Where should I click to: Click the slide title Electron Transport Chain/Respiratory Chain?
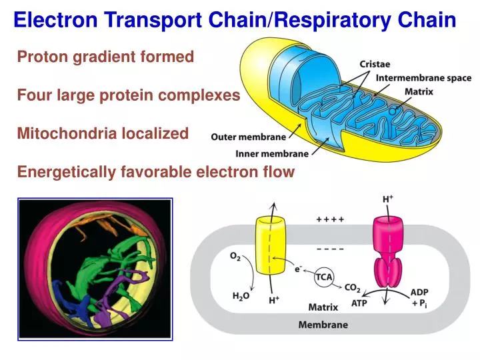point(235,19)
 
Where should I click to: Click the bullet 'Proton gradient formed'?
point(105,57)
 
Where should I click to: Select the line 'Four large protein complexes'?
point(128,95)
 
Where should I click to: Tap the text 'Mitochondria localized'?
point(103,133)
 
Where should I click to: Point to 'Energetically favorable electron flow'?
point(155,172)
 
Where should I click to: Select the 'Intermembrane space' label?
point(423,78)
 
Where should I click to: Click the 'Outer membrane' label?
point(248,137)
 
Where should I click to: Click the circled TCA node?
point(325,277)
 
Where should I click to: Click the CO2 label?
point(353,288)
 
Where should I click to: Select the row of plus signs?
point(330,219)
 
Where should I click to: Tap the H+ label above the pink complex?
point(387,199)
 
